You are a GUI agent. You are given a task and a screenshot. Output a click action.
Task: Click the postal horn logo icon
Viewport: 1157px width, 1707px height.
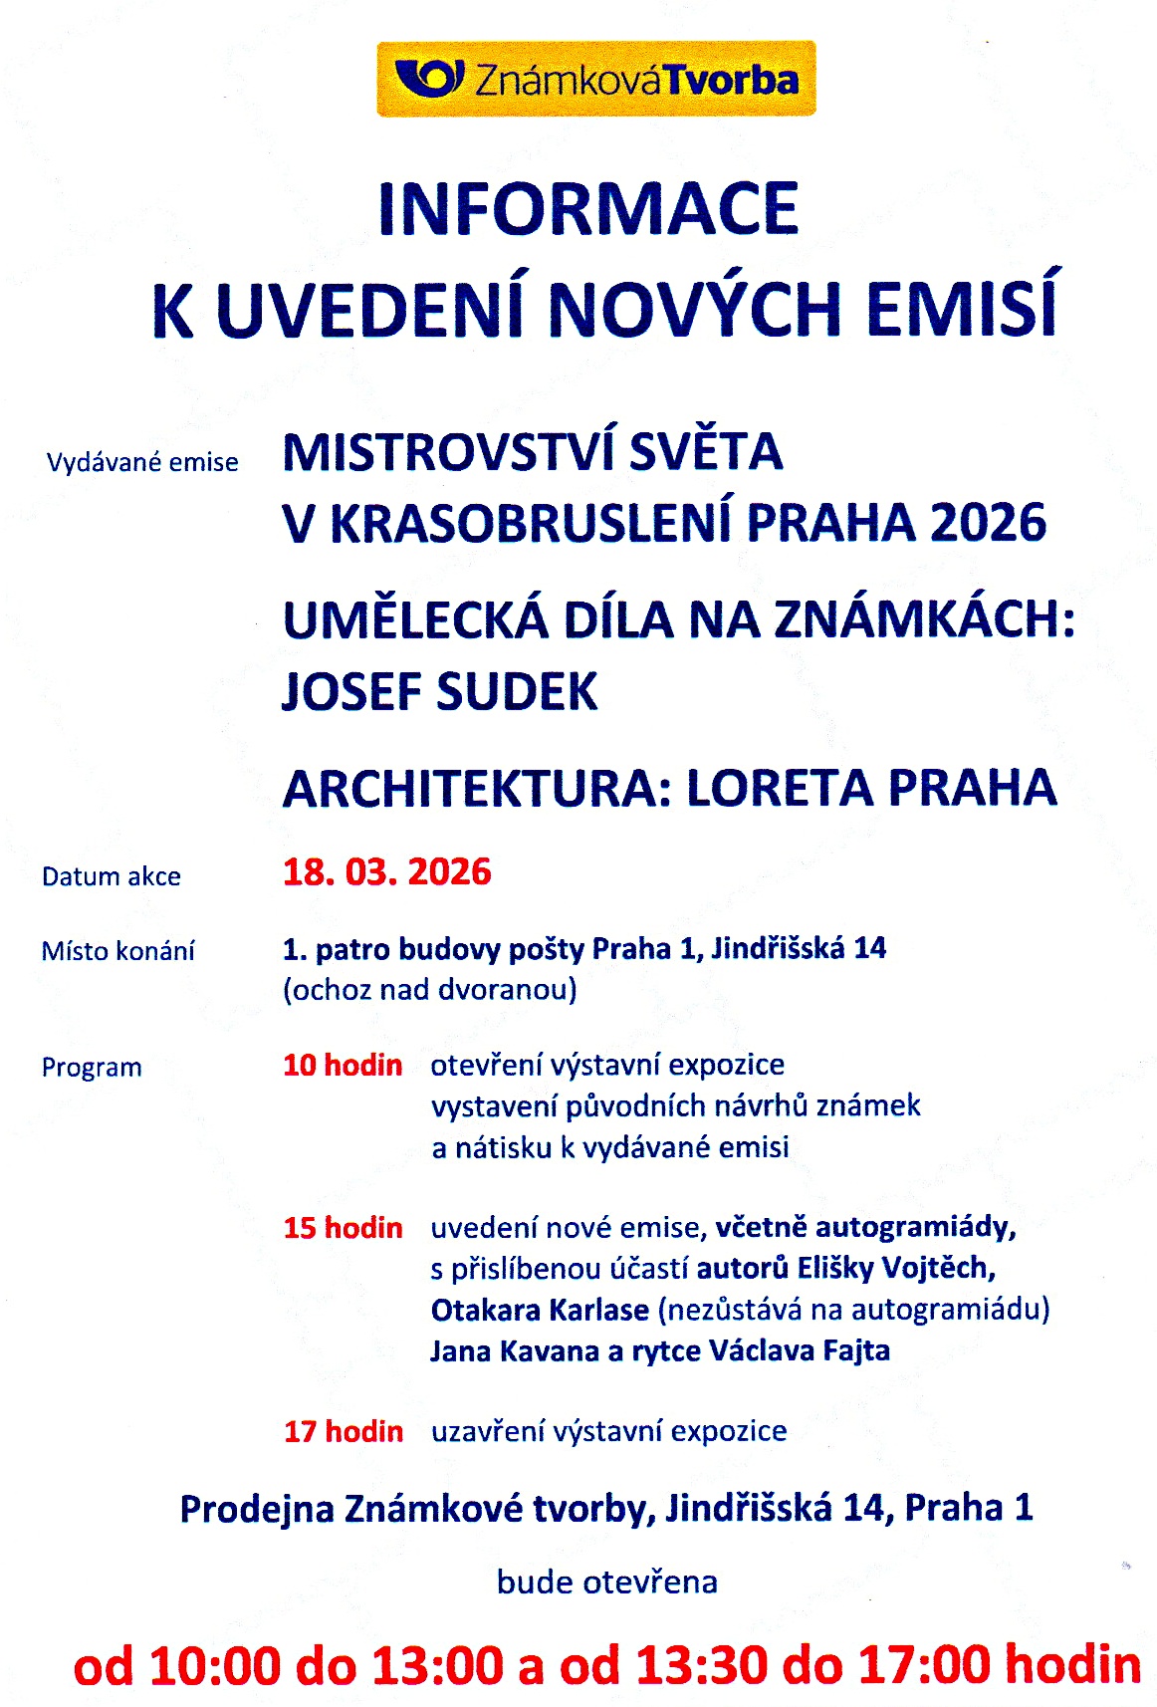429,78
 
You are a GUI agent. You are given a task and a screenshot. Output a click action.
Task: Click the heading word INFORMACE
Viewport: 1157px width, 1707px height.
588,209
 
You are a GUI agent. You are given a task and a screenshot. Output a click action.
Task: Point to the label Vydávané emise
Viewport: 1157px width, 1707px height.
142,462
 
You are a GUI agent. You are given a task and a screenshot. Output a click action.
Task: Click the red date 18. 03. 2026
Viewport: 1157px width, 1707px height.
387,872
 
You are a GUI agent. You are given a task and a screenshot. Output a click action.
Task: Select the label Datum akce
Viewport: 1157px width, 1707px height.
112,876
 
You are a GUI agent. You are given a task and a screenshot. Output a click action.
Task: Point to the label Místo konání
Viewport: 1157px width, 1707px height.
117,951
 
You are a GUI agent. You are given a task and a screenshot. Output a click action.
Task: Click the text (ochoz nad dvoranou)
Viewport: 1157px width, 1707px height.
430,990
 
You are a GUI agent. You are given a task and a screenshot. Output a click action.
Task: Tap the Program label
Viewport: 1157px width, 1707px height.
92,1068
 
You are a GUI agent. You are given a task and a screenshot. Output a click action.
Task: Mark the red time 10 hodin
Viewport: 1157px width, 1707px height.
343,1066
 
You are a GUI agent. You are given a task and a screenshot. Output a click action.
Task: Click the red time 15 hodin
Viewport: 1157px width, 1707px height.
343,1228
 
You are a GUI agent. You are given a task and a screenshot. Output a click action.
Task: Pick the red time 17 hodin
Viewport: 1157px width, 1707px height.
344,1432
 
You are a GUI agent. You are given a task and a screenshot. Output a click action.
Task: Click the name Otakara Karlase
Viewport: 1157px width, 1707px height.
540,1310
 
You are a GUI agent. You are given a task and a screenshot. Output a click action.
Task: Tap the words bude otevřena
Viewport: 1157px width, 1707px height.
607,1582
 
